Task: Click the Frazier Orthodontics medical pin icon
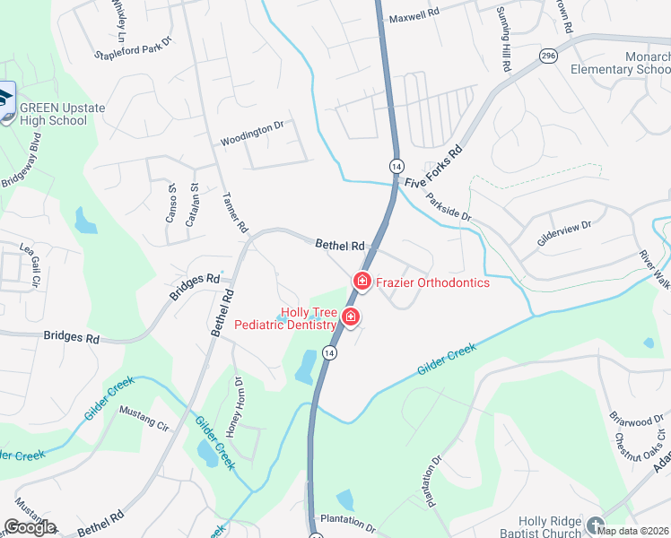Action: (x=362, y=282)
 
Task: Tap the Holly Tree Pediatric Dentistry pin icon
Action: (x=351, y=317)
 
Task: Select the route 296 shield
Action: (x=548, y=56)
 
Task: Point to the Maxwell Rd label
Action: (x=413, y=16)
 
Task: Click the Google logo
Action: (x=30, y=527)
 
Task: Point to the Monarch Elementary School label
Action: (x=633, y=64)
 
